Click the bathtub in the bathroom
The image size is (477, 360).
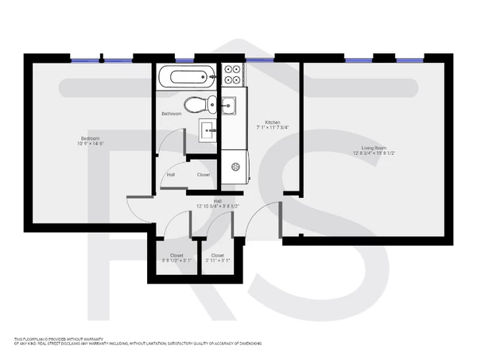(186, 78)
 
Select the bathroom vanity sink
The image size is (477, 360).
(209, 130)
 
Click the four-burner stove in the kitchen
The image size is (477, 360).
(233, 74)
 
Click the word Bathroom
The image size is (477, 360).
(172, 114)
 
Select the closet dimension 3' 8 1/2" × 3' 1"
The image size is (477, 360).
(176, 261)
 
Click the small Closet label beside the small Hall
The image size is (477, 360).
(204, 175)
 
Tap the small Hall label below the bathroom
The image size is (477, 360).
(171, 175)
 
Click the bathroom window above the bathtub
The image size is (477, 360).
(184, 60)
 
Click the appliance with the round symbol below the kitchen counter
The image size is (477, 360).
(235, 165)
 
